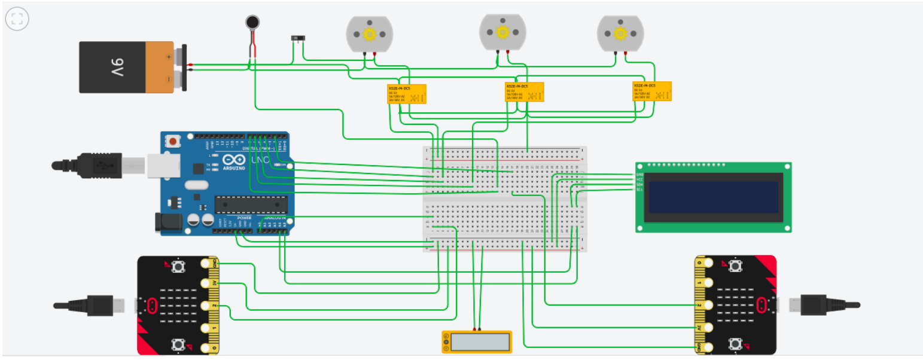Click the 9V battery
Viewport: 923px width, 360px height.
click(x=129, y=66)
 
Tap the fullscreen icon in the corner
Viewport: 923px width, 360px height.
click(x=17, y=19)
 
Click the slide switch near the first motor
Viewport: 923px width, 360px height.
click(x=297, y=38)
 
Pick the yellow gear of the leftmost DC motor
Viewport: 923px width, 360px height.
click(x=369, y=34)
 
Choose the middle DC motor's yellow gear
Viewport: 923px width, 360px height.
click(x=502, y=31)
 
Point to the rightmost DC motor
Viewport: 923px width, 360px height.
click(x=620, y=33)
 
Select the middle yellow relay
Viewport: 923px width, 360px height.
click(x=524, y=92)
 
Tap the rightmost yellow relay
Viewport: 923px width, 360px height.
click(x=651, y=91)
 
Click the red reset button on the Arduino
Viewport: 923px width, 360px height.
click(x=173, y=142)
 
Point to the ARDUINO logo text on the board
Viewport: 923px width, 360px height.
click(x=233, y=169)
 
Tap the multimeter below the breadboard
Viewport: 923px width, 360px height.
click(x=477, y=341)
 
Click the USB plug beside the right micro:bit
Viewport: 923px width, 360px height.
click(x=822, y=304)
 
